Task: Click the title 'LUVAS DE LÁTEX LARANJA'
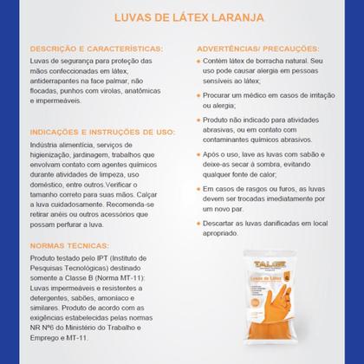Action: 182,16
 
